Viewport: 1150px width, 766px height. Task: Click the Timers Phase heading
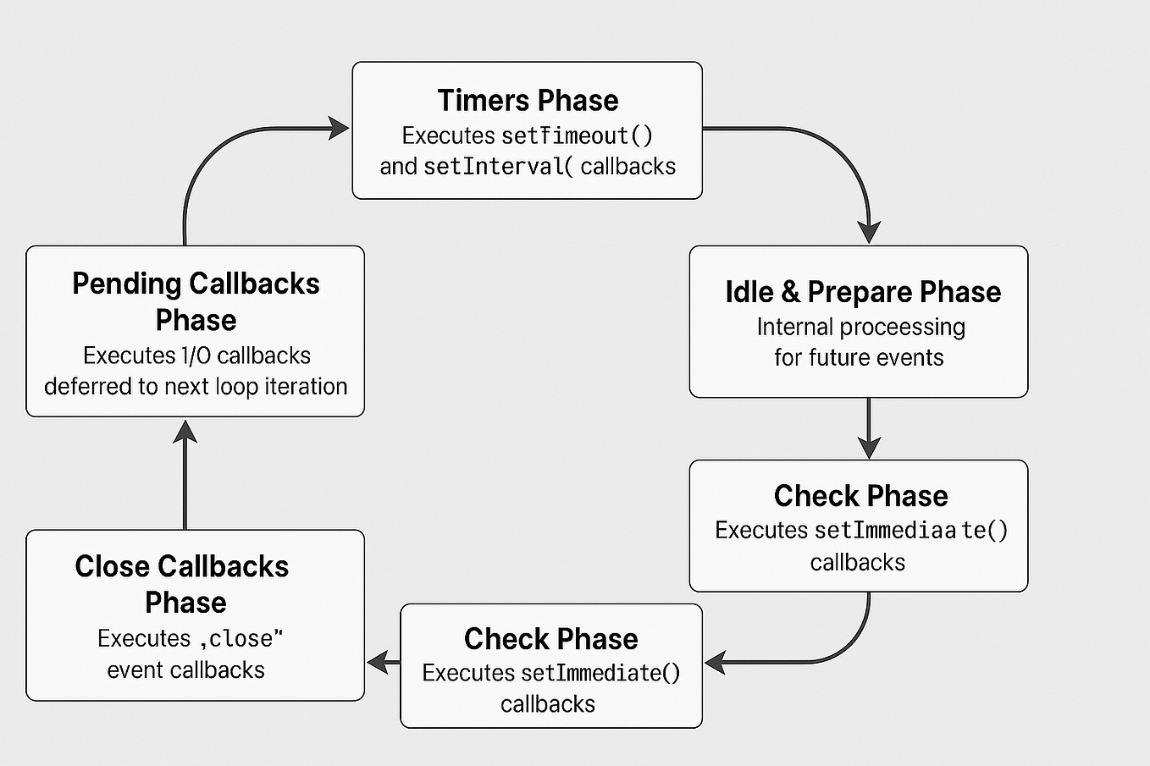tap(528, 101)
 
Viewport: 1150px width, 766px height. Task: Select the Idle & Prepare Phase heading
tap(862, 292)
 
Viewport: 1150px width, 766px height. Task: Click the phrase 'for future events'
tap(858, 357)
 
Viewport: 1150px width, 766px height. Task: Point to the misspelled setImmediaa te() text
tap(910, 531)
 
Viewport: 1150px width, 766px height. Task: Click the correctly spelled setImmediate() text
tap(600, 673)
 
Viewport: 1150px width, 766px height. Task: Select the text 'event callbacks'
tap(185, 670)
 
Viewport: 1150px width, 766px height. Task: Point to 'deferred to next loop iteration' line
tap(196, 387)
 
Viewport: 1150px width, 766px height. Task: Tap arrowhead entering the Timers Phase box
tap(339, 129)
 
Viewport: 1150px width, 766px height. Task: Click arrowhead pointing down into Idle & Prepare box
tap(869, 232)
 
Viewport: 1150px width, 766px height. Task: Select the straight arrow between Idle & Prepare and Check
tap(869, 428)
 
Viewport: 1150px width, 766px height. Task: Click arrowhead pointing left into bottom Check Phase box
tap(716, 663)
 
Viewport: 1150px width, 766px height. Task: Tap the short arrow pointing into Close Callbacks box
tap(383, 662)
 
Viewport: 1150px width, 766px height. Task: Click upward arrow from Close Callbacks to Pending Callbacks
tap(185, 474)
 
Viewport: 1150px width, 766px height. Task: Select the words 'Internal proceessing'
tap(860, 327)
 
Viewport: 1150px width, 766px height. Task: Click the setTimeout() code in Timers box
tap(577, 135)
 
